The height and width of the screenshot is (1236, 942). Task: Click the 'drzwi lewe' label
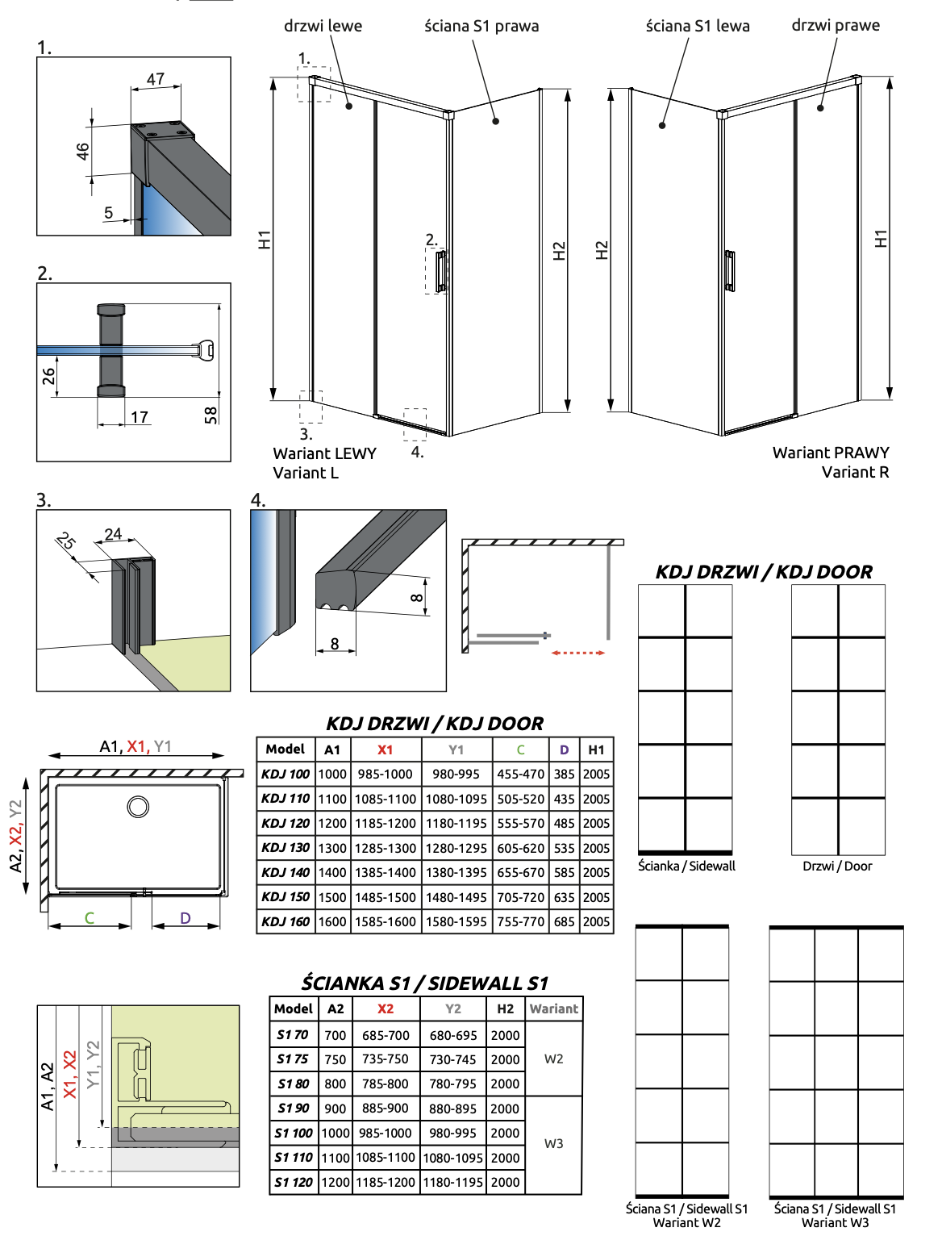tap(323, 26)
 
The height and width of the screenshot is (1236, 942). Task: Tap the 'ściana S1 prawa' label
tap(481, 26)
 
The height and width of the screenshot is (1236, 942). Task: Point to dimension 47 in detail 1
tap(156, 79)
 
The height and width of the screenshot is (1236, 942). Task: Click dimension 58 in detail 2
tap(211, 415)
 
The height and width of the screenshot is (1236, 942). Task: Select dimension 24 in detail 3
tap(113, 534)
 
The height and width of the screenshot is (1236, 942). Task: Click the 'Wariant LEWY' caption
tap(324, 453)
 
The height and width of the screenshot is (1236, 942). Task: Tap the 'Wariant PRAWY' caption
tap(830, 453)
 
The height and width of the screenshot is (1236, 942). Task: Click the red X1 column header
tap(386, 750)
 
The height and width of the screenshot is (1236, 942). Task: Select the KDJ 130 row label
tap(286, 848)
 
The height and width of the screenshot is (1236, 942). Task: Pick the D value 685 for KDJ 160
tap(564, 921)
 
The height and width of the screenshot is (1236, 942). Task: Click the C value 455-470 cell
tap(520, 774)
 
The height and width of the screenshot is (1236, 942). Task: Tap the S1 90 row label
tap(293, 1109)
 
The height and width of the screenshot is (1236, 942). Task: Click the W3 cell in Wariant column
tap(553, 1144)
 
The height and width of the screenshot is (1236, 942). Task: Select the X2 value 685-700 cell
tap(386, 1035)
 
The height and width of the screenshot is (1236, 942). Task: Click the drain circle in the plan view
tap(138, 806)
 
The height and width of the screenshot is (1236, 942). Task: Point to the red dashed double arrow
tap(578, 653)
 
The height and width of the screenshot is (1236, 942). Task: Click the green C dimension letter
tap(90, 918)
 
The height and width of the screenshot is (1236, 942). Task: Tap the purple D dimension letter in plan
tap(185, 918)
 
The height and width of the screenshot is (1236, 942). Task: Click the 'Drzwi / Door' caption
tap(837, 866)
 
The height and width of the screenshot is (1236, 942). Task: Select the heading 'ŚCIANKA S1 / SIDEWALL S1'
tap(425, 983)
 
